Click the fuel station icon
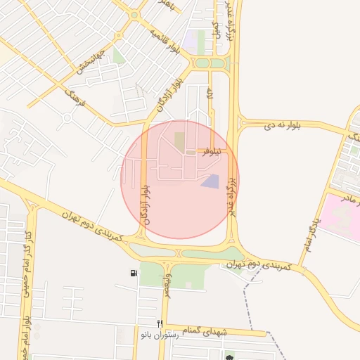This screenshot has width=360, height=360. click(x=134, y=273)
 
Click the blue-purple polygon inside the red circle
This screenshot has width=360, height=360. click(x=210, y=181)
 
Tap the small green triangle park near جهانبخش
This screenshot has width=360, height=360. click(x=119, y=56)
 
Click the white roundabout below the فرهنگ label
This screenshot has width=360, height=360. click(x=66, y=118)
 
